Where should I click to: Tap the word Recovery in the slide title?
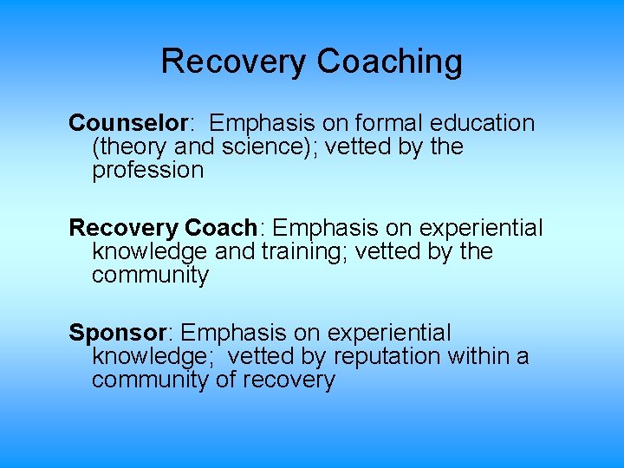[233, 62]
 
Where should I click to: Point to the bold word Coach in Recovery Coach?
[220, 228]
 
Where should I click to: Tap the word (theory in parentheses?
[128, 146]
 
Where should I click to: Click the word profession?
[147, 170]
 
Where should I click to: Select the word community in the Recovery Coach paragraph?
[150, 275]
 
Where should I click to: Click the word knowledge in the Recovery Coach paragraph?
[147, 251]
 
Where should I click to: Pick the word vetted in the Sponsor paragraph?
[262, 356]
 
